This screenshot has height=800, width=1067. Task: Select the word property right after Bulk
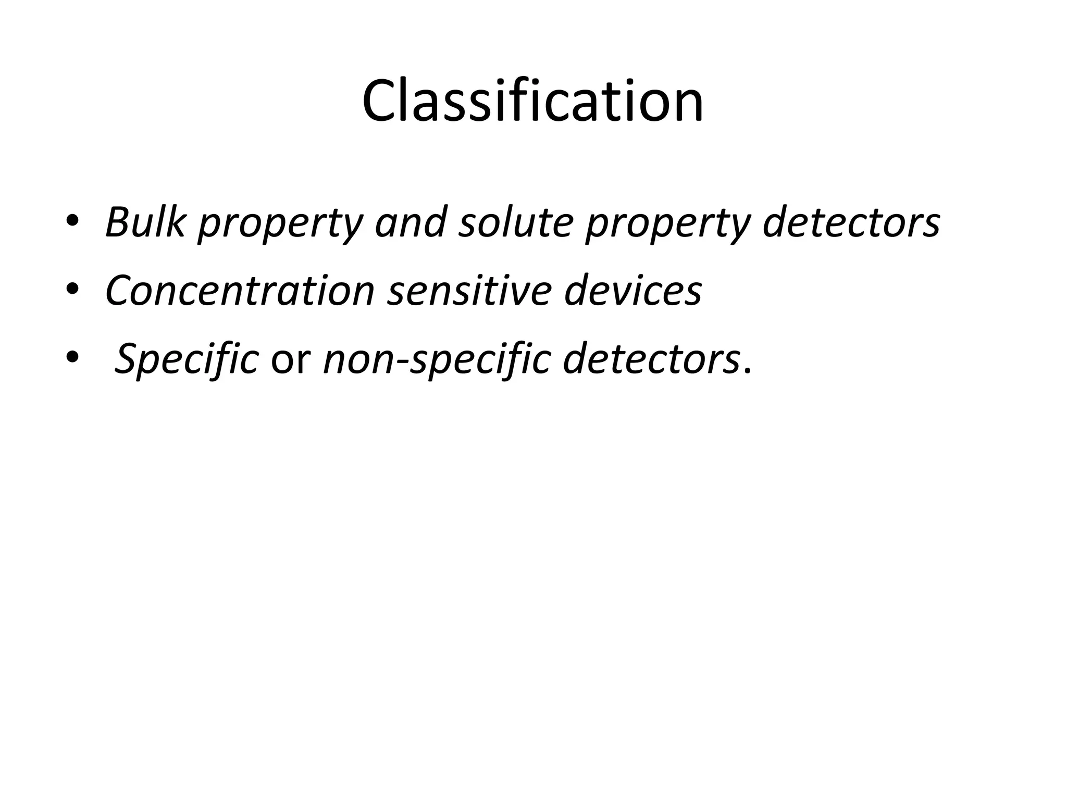point(280,224)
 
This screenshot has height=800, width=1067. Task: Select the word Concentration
point(240,290)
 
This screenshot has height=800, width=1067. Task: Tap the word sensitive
point(469,290)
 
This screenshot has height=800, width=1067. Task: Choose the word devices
point(633,290)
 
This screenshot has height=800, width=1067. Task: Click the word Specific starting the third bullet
point(186,359)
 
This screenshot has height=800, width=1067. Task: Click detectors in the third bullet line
point(651,359)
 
